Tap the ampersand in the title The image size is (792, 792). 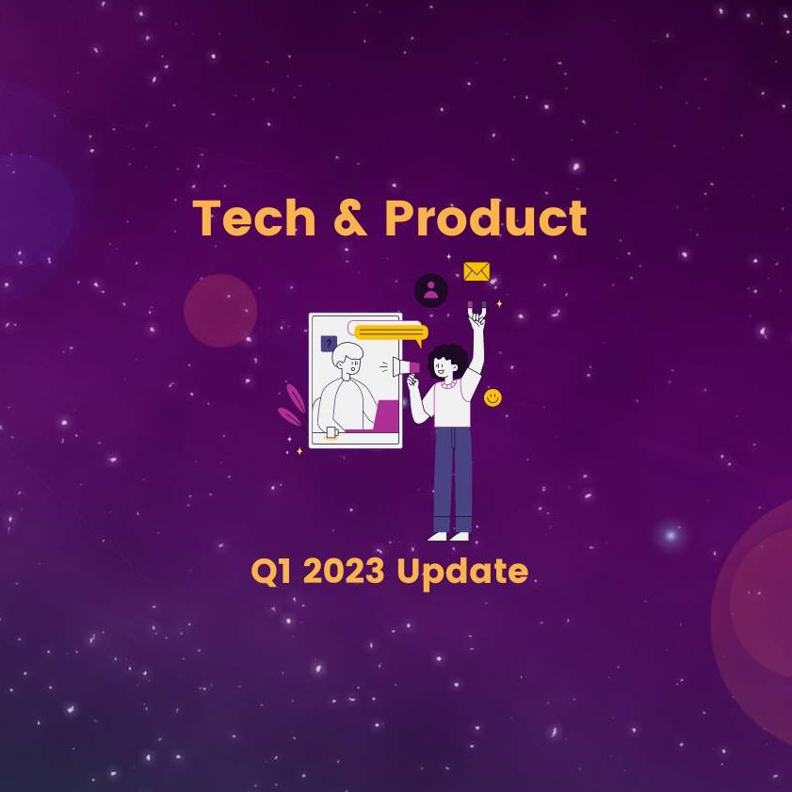(x=350, y=219)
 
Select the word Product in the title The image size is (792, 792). (x=485, y=219)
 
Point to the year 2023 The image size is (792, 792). (x=345, y=572)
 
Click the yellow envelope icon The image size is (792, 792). (x=477, y=271)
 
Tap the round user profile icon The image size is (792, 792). (x=431, y=290)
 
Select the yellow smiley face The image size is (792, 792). (x=493, y=398)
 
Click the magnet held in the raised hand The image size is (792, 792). (x=477, y=308)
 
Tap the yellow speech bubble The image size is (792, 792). (x=391, y=331)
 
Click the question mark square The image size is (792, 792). (x=329, y=344)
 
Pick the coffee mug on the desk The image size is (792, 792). (x=331, y=432)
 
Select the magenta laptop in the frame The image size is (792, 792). (x=386, y=415)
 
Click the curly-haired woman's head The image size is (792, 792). (x=447, y=363)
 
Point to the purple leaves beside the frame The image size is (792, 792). (x=292, y=405)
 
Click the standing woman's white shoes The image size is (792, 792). (x=449, y=536)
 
